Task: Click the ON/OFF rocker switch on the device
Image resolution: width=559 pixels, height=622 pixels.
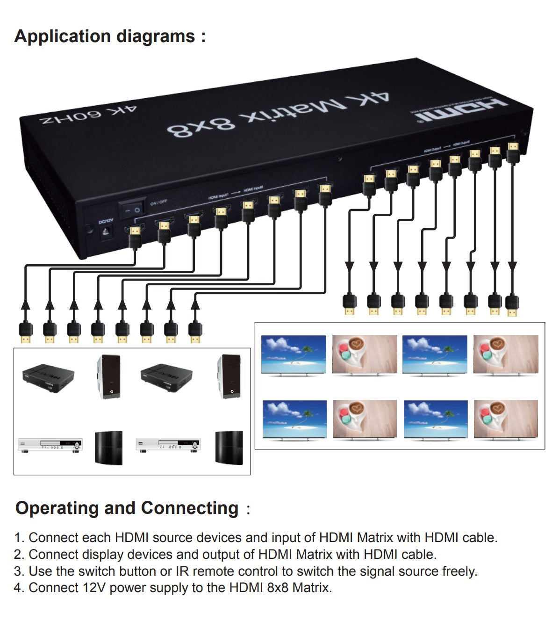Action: point(131,210)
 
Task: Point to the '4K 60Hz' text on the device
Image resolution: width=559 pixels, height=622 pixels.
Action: point(88,115)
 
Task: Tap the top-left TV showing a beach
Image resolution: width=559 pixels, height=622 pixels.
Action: point(294,354)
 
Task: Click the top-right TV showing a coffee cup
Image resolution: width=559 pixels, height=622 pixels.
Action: point(506,354)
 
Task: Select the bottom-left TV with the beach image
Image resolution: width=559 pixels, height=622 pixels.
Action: point(294,419)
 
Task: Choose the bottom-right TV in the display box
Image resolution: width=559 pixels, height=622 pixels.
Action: point(506,419)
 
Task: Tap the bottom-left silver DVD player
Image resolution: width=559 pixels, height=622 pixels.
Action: point(50,445)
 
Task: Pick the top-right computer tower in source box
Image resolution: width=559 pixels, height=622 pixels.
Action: point(229,377)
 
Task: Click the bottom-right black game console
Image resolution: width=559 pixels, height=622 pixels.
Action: point(229,448)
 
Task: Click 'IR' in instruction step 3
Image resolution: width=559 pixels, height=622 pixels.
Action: point(182,571)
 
